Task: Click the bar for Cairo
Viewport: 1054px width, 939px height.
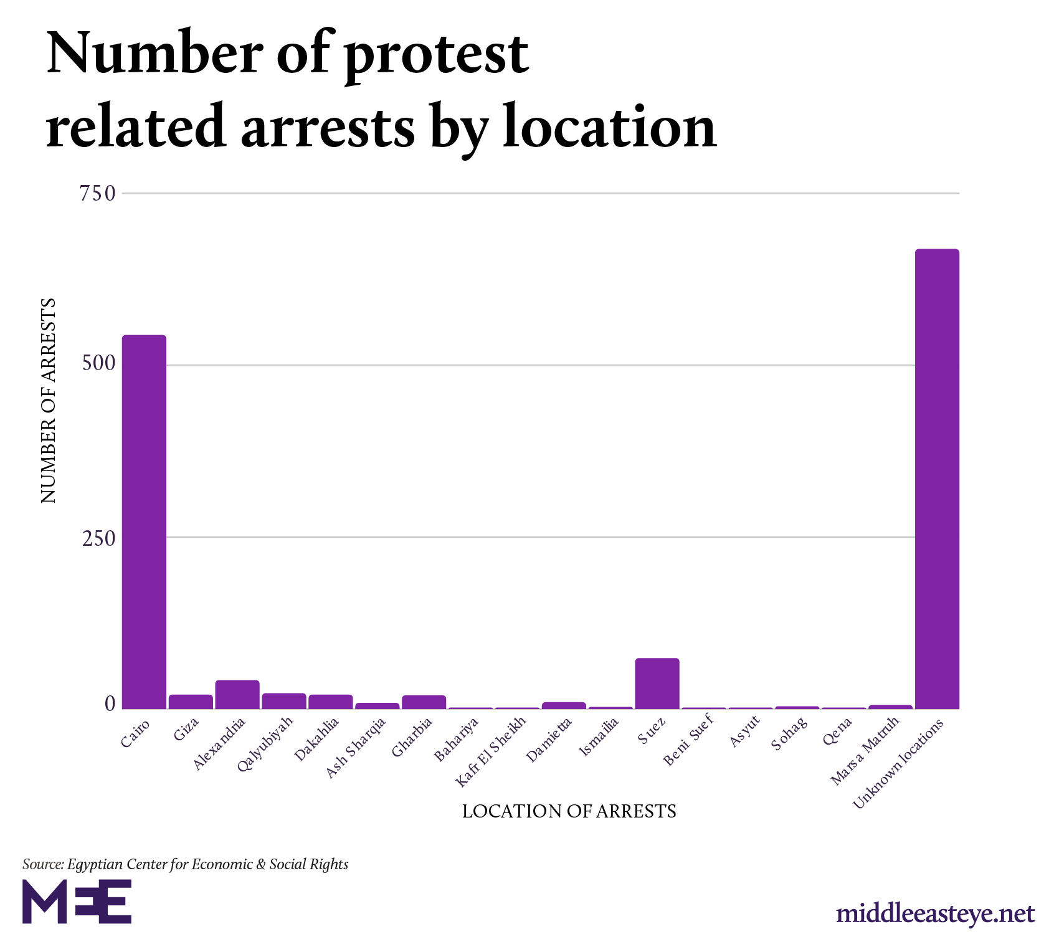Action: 144,522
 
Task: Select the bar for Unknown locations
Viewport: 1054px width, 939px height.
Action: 937,479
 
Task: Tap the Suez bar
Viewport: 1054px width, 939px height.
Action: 657,684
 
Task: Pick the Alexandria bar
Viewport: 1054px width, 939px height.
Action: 237,694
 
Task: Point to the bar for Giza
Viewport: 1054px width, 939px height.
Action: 191,702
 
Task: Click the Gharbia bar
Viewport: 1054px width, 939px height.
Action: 424,702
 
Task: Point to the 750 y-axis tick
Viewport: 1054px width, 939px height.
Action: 98,194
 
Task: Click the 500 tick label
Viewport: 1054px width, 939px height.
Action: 99,365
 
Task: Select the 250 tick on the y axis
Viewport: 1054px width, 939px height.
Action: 99,538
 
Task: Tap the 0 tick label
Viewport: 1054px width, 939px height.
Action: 110,704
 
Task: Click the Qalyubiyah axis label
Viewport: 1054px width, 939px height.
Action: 265,744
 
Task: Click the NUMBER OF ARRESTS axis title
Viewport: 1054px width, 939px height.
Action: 49,401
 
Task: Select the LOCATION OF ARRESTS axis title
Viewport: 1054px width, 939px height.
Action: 569,811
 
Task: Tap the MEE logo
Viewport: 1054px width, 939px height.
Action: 77,901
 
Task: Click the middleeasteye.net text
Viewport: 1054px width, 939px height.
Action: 935,914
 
